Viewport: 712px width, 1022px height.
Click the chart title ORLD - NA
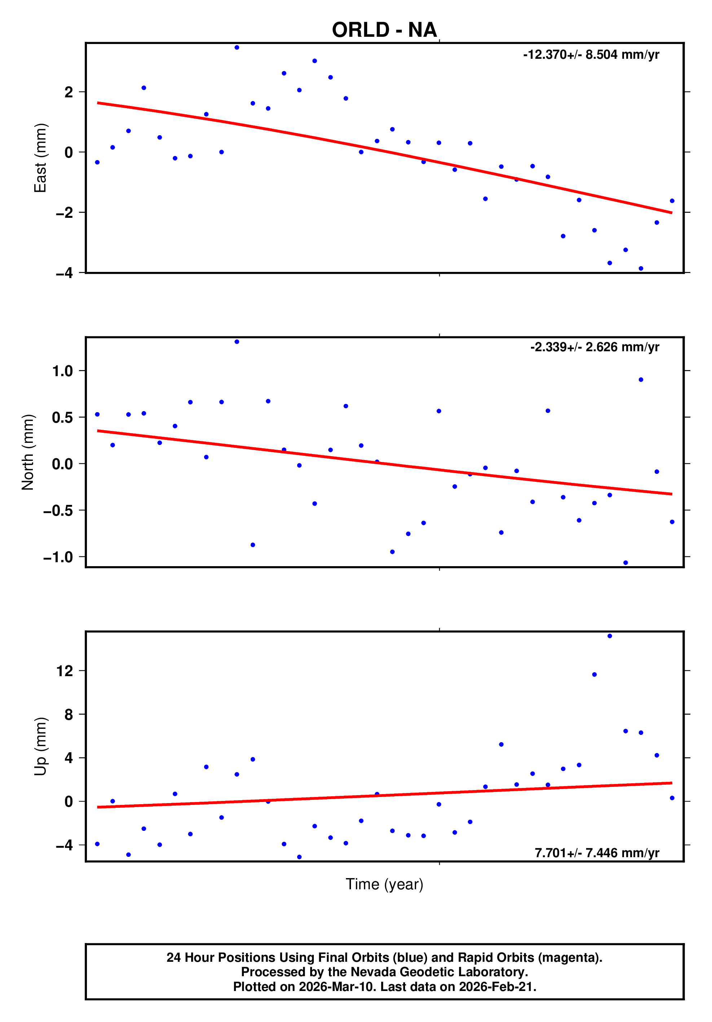pyautogui.click(x=384, y=30)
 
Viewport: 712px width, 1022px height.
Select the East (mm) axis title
pyautogui.click(x=40, y=158)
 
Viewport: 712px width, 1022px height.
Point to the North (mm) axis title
pyautogui.click(x=28, y=452)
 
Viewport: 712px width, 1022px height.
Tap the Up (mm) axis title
pyautogui.click(x=40, y=746)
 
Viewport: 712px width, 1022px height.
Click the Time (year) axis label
pyautogui.click(x=384, y=884)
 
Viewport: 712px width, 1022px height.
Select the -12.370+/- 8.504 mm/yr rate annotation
pyautogui.click(x=591, y=55)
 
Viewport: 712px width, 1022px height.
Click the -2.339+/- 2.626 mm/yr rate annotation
pyautogui.click(x=594, y=347)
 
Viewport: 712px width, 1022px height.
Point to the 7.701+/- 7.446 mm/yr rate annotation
pyautogui.click(x=597, y=853)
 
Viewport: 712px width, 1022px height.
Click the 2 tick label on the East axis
pyautogui.click(x=69, y=92)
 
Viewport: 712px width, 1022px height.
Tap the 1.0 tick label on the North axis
pyautogui.click(x=62, y=371)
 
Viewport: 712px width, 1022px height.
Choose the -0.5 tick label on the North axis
pyautogui.click(x=58, y=511)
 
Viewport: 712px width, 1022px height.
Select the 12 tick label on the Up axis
pyautogui.click(x=65, y=671)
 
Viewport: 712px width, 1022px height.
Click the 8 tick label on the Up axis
pyautogui.click(x=69, y=714)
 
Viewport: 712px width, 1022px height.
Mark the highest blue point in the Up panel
pyautogui.click(x=610, y=636)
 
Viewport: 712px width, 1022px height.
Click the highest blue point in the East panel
pyautogui.click(x=237, y=48)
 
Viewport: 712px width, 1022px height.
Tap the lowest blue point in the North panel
pyautogui.click(x=626, y=563)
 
